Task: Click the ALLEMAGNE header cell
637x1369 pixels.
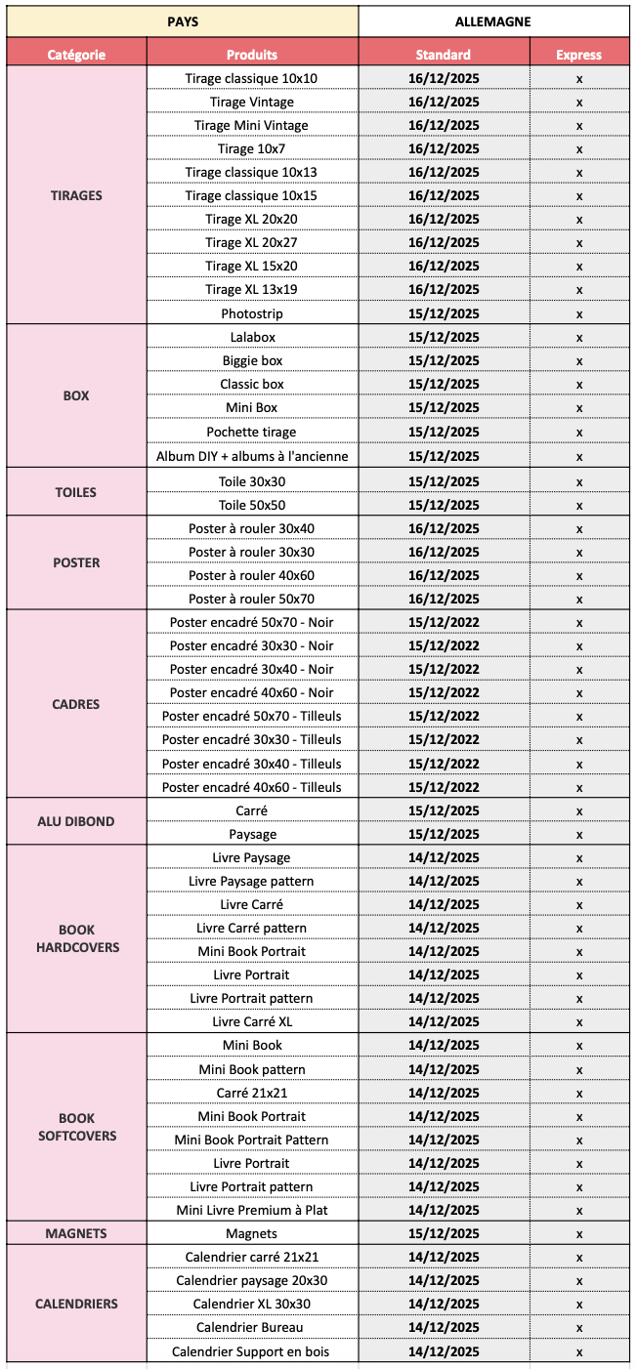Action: click(x=492, y=21)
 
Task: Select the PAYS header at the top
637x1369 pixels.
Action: click(x=183, y=21)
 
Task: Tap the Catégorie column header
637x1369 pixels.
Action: click(x=76, y=55)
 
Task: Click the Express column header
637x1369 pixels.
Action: click(x=578, y=55)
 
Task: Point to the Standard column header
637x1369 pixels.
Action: click(x=444, y=55)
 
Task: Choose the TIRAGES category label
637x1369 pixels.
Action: click(x=76, y=195)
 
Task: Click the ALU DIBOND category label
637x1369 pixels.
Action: click(x=76, y=821)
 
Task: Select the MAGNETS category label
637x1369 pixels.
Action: click(x=76, y=1233)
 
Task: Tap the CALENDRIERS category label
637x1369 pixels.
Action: click(x=76, y=1304)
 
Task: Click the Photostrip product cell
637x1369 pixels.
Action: click(x=252, y=313)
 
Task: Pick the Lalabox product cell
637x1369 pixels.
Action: click(x=252, y=337)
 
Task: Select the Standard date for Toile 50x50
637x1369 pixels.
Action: click(x=444, y=505)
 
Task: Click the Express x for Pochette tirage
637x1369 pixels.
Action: click(x=579, y=432)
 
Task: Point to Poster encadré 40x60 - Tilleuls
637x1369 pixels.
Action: click(x=252, y=787)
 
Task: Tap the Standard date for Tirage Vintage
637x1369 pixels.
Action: click(x=444, y=102)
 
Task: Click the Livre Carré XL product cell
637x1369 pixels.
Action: click(x=252, y=1021)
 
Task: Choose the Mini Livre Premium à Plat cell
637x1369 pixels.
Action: click(x=252, y=1210)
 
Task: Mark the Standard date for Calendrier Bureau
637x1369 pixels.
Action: click(x=444, y=1327)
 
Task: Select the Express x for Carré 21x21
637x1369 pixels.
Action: click(x=579, y=1093)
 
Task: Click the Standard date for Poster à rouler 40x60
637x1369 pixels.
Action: click(x=444, y=575)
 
